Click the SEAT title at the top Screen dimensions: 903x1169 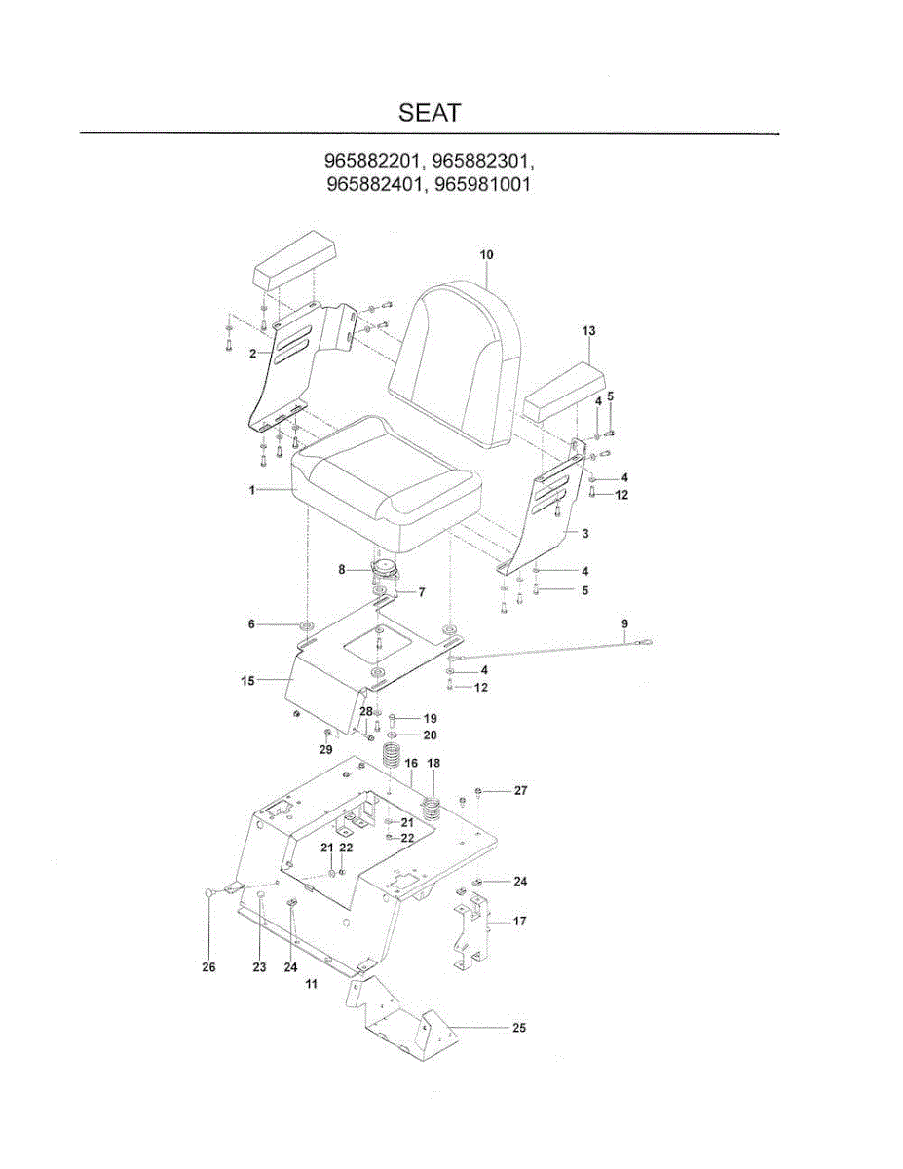[430, 113]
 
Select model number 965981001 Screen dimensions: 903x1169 [482, 184]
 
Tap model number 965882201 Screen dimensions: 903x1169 [372, 161]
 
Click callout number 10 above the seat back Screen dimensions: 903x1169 [486, 254]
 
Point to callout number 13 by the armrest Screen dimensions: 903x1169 [589, 331]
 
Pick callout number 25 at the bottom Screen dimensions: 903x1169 [519, 1028]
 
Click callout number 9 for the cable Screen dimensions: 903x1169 [624, 623]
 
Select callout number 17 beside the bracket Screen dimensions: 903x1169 [519, 921]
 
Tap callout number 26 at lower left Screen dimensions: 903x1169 [208, 966]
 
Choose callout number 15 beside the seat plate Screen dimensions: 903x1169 [247, 681]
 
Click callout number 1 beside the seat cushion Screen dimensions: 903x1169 [251, 490]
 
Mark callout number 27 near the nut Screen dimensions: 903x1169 [520, 790]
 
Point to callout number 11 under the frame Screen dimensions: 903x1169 [312, 984]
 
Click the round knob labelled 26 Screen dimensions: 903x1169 [208, 893]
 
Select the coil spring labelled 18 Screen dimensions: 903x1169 [432, 810]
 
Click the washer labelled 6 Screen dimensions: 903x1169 [308, 625]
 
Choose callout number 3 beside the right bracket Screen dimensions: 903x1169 [585, 533]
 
